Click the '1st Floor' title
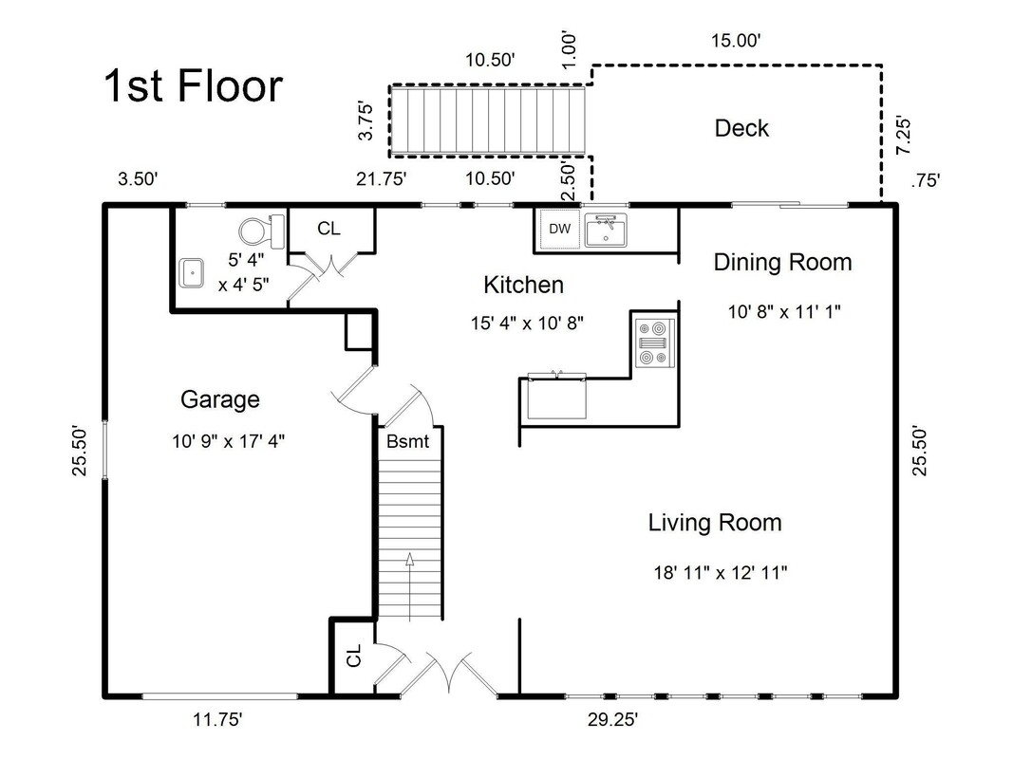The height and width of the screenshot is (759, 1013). pyautogui.click(x=193, y=86)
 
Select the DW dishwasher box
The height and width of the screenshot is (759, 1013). pyautogui.click(x=559, y=229)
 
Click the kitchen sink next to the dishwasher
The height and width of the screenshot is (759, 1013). pyautogui.click(x=605, y=231)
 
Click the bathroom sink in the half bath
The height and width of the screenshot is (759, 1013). pyautogui.click(x=193, y=272)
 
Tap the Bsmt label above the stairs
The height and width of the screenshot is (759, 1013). pyautogui.click(x=407, y=441)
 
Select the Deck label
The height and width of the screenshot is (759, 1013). pyautogui.click(x=741, y=128)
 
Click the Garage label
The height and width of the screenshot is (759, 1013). pyautogui.click(x=220, y=399)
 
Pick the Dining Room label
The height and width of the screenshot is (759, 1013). pyautogui.click(x=782, y=263)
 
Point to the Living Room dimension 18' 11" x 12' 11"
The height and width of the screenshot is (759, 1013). pyautogui.click(x=720, y=572)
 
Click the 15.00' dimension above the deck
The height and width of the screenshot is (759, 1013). pyautogui.click(x=737, y=40)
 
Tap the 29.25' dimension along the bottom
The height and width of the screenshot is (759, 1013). pyautogui.click(x=610, y=720)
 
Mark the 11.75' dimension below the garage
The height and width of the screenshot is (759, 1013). pyautogui.click(x=218, y=720)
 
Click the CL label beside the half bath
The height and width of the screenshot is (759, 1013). pyautogui.click(x=328, y=229)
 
